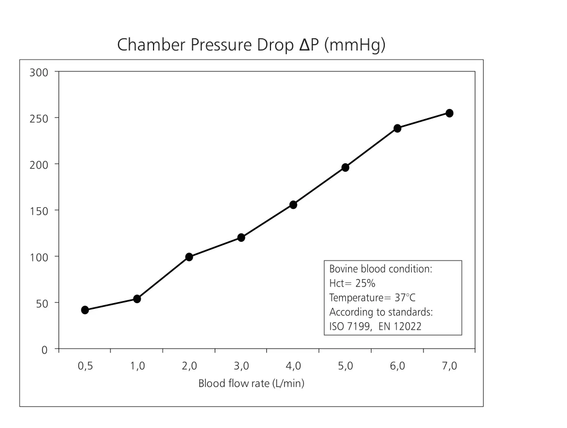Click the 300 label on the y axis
(x=39, y=73)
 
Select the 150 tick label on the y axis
(x=39, y=211)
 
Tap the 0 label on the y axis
(x=45, y=350)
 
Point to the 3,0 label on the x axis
(x=241, y=366)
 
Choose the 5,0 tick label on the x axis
(x=345, y=366)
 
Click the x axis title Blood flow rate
(x=251, y=383)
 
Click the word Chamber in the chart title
(x=151, y=45)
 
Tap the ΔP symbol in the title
(x=309, y=45)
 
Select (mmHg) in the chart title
(x=355, y=45)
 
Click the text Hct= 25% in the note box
(x=352, y=283)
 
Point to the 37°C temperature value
(x=405, y=298)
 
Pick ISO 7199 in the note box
(x=350, y=326)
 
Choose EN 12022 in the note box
(x=400, y=326)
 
